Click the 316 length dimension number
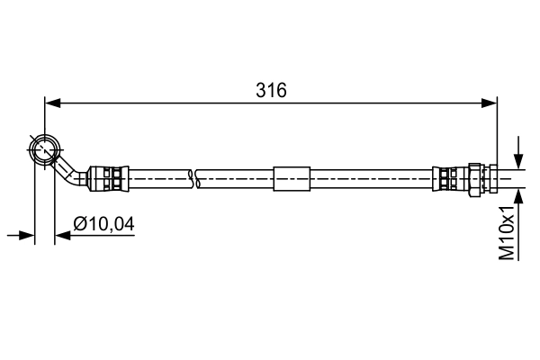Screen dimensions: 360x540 pyautogui.click(x=271, y=90)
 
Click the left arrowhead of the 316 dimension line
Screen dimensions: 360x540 pyautogui.click(x=52, y=103)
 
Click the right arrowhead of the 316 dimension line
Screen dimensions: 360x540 pyautogui.click(x=490, y=103)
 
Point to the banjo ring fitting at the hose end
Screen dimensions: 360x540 pyautogui.click(x=45, y=148)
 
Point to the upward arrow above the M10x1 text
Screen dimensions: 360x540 pyautogui.click(x=517, y=198)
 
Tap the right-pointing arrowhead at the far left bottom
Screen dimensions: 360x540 pyautogui.click(x=27, y=236)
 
